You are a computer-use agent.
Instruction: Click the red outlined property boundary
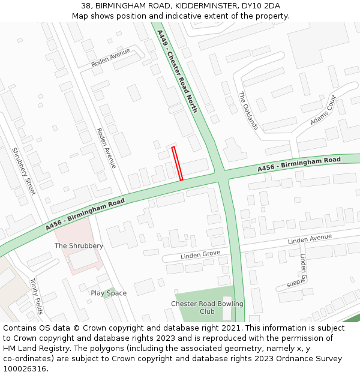[x=177, y=163]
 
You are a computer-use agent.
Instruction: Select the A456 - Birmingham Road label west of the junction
[x=85, y=214]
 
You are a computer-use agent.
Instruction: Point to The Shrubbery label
[x=79, y=246]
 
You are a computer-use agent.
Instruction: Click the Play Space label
[x=109, y=293]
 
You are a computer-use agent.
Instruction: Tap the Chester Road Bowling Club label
[x=207, y=308]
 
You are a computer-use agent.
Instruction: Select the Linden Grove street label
[x=200, y=255]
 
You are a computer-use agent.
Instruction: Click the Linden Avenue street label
[x=310, y=239]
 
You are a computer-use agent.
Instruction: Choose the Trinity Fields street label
[x=36, y=296]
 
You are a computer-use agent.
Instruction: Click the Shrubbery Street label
[x=24, y=171]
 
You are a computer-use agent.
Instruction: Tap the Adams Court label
[x=323, y=110]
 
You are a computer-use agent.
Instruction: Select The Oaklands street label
[x=248, y=110]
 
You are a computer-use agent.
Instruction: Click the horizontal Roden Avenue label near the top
[x=110, y=58]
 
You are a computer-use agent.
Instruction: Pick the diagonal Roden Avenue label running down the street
[x=106, y=148]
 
